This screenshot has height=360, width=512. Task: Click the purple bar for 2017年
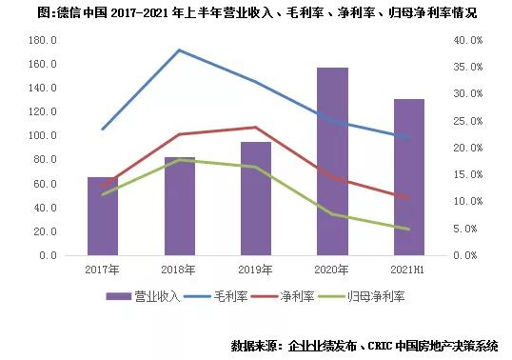(x=103, y=217)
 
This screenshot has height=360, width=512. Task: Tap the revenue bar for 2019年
(x=255, y=199)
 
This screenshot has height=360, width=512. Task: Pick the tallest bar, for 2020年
(x=332, y=162)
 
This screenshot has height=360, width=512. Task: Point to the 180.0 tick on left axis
(x=44, y=40)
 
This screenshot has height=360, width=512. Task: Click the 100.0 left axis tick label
(x=44, y=136)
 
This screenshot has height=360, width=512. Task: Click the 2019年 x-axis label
(x=255, y=270)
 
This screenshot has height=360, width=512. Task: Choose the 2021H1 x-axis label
(x=408, y=270)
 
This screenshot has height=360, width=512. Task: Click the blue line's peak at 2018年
(x=179, y=50)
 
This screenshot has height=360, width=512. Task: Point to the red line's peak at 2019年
(x=255, y=128)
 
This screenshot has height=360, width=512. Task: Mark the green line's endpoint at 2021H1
(x=408, y=229)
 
